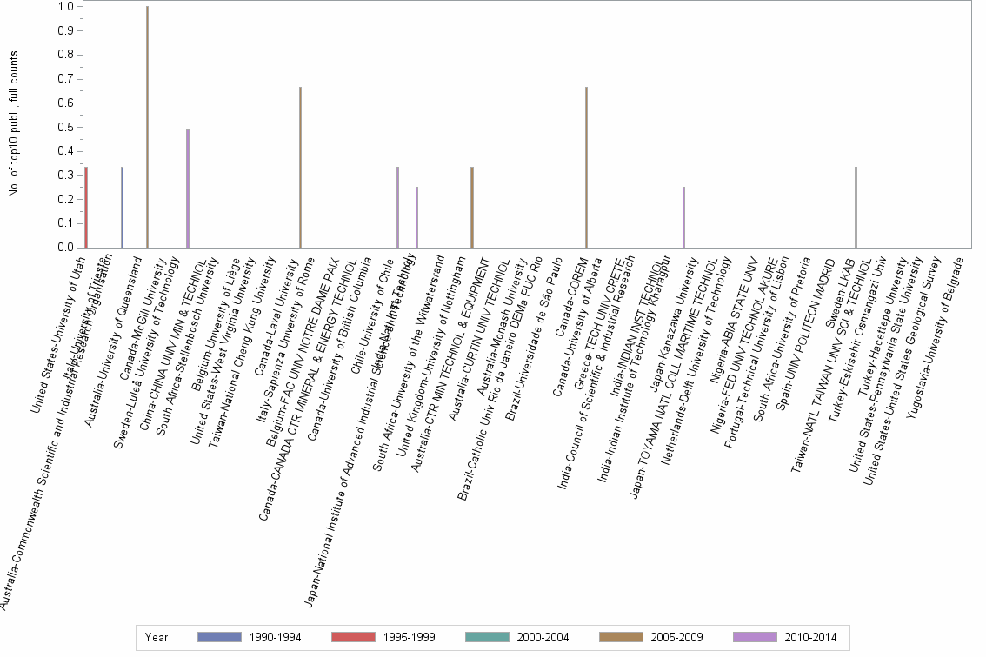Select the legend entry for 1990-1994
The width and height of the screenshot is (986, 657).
[250, 637]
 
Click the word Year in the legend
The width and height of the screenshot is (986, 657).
[157, 637]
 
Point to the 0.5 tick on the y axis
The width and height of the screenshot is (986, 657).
[65, 127]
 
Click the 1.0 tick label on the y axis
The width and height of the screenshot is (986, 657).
[65, 7]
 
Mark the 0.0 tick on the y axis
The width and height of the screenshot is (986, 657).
[65, 248]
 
